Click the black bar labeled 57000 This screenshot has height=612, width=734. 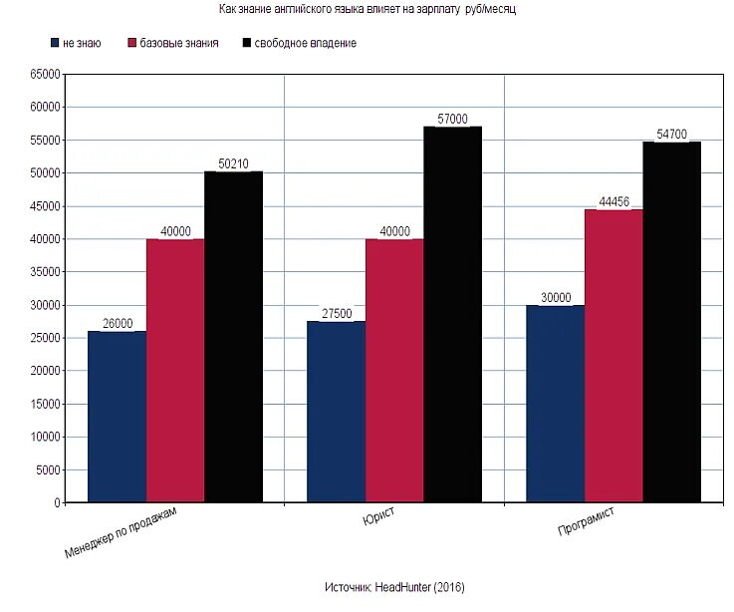[x=452, y=314]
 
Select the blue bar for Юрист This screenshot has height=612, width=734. [x=336, y=412]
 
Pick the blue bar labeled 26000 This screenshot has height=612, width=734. [x=117, y=417]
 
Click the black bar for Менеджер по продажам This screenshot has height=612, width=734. [x=233, y=337]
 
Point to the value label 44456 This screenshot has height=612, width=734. [x=613, y=201]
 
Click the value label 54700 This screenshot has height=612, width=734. [x=671, y=134]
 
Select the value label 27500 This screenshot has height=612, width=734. [x=337, y=314]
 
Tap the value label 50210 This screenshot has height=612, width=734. [x=233, y=163]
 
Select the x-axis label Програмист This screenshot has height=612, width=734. [x=586, y=524]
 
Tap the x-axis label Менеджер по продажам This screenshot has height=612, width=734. [x=122, y=531]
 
